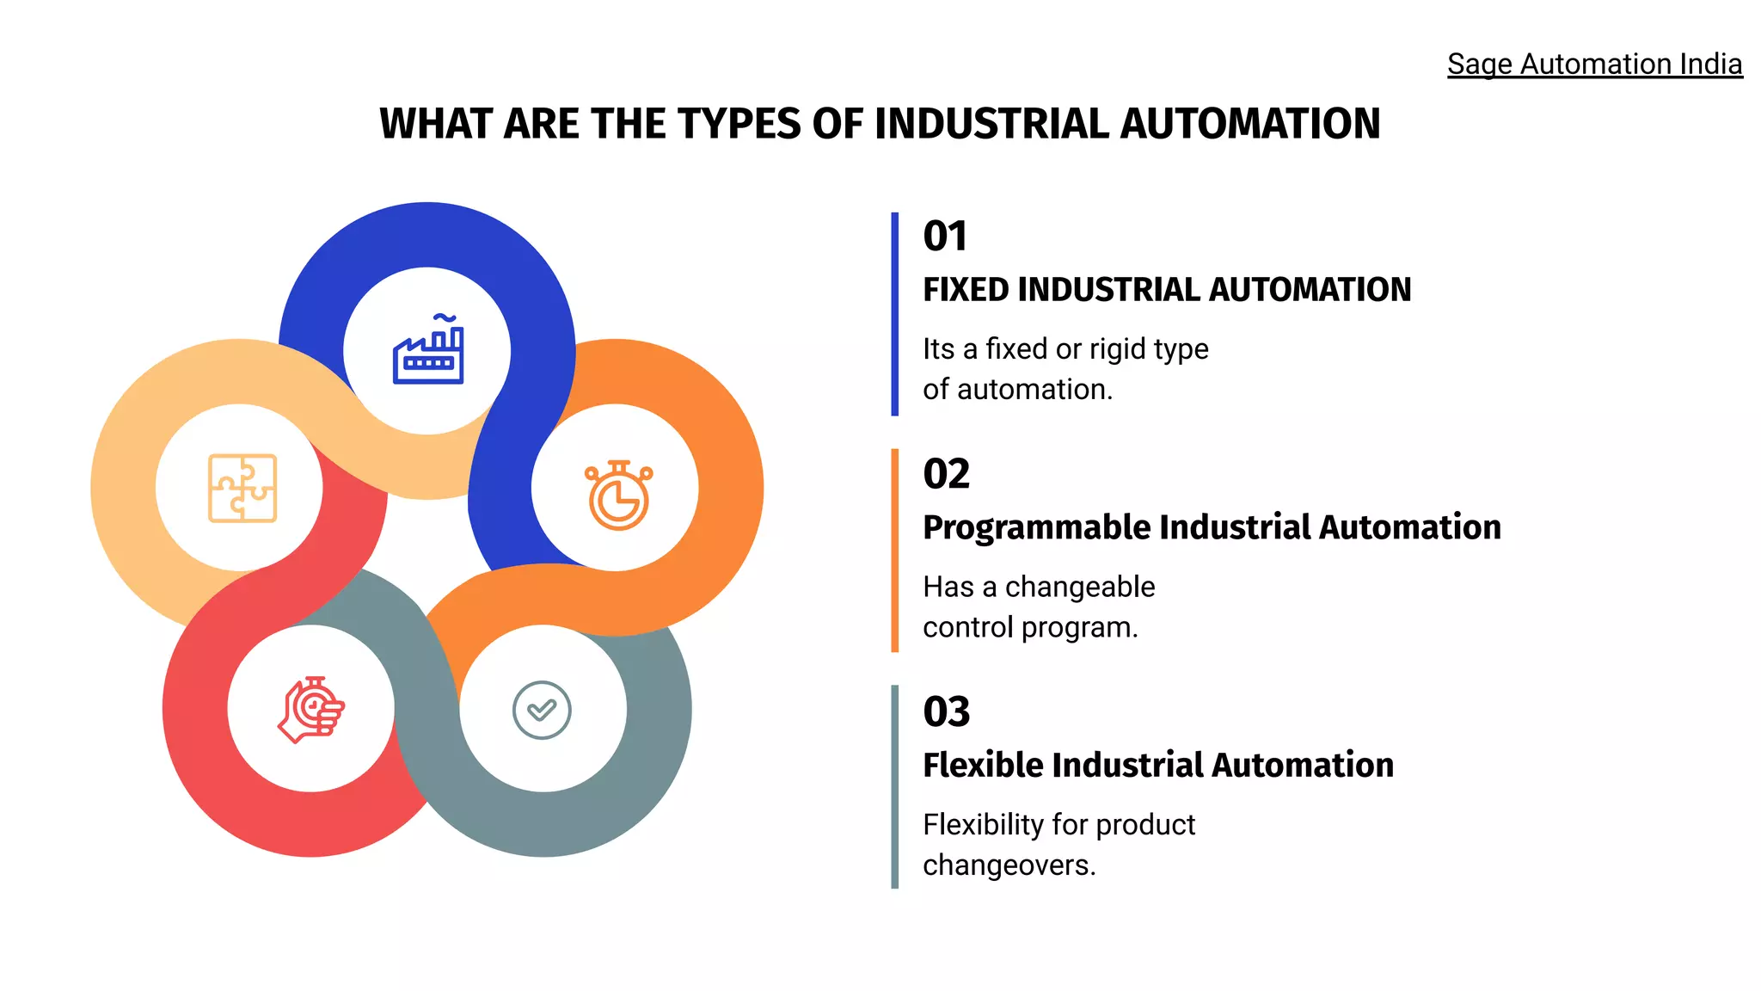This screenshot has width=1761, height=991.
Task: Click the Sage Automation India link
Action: (1594, 65)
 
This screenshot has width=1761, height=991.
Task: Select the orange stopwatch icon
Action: (618, 495)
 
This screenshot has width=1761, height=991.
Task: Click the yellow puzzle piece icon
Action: (242, 488)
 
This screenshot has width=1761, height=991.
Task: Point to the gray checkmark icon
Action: (542, 710)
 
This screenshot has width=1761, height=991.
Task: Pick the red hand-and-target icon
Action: (311, 710)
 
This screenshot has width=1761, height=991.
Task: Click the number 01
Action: (945, 237)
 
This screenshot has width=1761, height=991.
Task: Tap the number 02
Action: (946, 474)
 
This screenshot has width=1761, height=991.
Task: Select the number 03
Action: (946, 711)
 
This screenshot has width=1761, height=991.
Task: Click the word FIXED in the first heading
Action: (966, 290)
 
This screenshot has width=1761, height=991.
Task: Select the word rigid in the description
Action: (1117, 349)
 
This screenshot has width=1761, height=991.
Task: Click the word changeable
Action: (1080, 587)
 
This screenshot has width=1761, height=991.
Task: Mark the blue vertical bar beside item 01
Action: (894, 314)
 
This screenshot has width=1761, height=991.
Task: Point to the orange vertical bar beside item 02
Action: (894, 551)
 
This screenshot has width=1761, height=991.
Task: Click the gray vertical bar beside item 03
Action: (894, 787)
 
